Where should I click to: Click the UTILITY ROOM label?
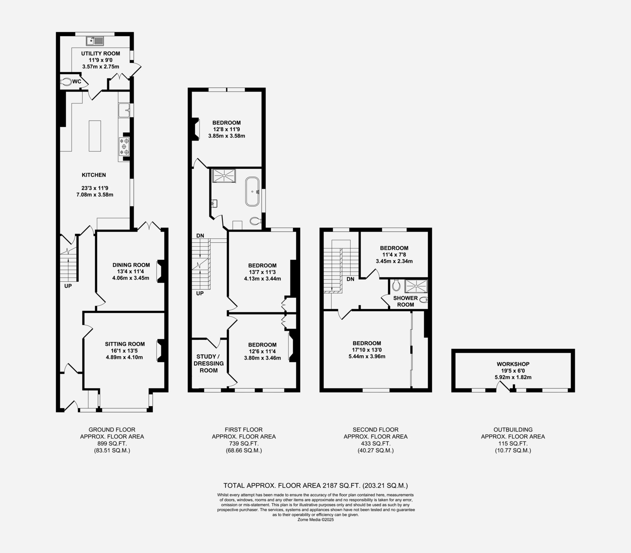(101, 54)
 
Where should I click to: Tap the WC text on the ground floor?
(77, 81)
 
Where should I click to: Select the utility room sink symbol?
(95, 41)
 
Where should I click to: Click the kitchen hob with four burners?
(124, 146)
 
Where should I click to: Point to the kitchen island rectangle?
(95, 136)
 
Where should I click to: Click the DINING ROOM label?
(131, 265)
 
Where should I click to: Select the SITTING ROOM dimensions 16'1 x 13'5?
(125, 351)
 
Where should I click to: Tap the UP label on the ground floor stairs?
(68, 286)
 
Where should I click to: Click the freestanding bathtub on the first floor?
(252, 191)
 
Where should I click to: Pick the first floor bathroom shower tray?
(224, 175)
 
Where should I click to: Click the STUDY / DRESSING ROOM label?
(208, 364)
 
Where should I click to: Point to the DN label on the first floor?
(200, 235)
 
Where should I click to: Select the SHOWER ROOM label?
(406, 301)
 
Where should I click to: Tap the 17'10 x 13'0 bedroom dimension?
(367, 350)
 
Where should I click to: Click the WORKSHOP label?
(513, 364)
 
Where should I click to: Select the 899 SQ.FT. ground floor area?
(112, 444)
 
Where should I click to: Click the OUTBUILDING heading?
(513, 430)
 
